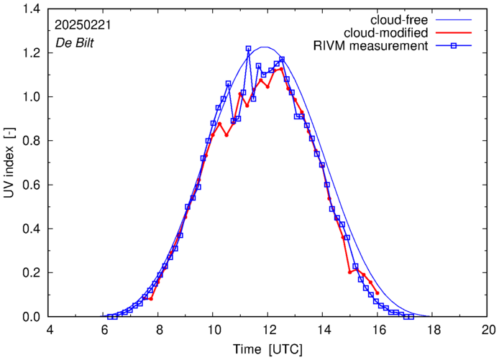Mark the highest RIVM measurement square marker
(x=248, y=49)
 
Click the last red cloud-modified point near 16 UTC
(x=377, y=292)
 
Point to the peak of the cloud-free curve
(x=265, y=47)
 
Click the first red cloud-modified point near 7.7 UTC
(x=151, y=298)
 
